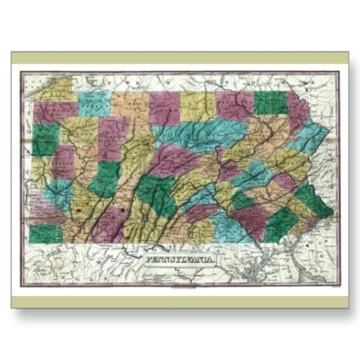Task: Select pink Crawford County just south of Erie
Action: click(55, 112)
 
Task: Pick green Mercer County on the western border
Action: click(45, 138)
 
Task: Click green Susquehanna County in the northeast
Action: click(270, 103)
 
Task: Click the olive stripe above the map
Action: click(180, 58)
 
